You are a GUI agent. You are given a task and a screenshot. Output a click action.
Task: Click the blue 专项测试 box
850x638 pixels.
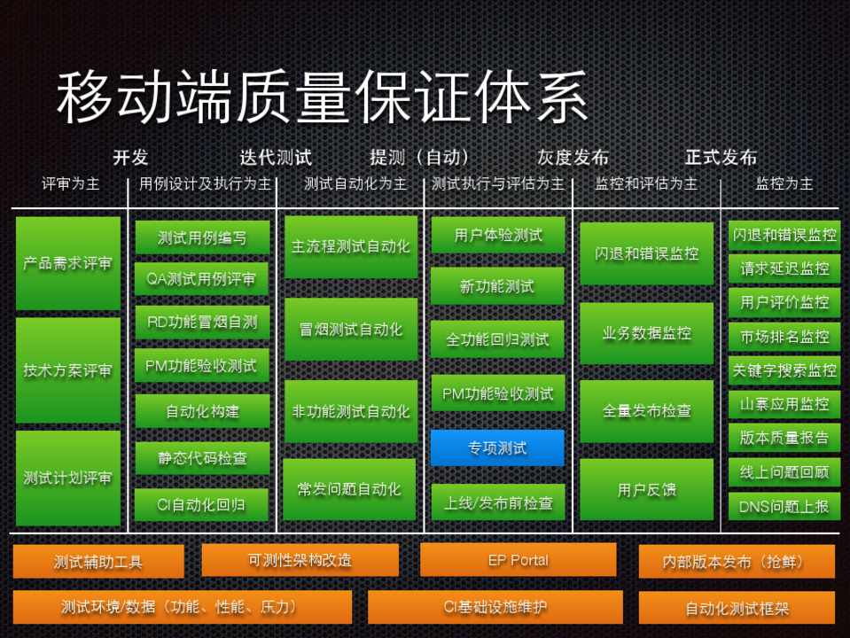pyautogui.click(x=497, y=447)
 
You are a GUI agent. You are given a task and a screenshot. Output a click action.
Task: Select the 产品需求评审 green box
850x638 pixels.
pyautogui.click(x=68, y=263)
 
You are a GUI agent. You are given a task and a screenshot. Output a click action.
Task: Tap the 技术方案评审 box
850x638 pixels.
pyautogui.click(x=68, y=370)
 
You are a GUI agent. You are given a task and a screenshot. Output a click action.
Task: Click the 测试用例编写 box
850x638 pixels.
pyautogui.click(x=202, y=237)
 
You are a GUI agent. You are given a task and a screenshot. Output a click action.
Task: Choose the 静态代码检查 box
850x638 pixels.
pyautogui.click(x=202, y=458)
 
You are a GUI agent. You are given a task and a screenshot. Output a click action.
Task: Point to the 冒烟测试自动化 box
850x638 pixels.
pyautogui.click(x=351, y=330)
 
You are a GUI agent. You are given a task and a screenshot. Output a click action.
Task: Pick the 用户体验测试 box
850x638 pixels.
pyautogui.click(x=497, y=235)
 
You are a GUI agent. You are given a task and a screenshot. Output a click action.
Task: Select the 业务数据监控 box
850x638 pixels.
pyautogui.click(x=646, y=333)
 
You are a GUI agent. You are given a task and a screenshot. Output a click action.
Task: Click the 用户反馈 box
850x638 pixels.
pyautogui.click(x=646, y=489)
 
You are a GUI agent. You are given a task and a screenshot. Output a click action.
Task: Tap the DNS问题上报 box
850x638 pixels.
pyautogui.click(x=784, y=506)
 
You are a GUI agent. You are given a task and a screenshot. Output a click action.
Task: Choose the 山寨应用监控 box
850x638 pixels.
pyautogui.click(x=784, y=404)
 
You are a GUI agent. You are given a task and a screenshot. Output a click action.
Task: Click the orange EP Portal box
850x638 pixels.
pyautogui.click(x=518, y=560)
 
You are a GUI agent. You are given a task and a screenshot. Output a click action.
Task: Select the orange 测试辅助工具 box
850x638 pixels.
pyautogui.click(x=98, y=562)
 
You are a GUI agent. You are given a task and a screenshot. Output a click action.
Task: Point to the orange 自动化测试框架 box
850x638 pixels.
pyautogui.click(x=737, y=609)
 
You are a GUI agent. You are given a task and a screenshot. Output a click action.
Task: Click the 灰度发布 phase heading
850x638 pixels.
pyautogui.click(x=573, y=158)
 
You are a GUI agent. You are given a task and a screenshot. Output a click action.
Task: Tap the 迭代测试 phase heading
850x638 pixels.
pyautogui.click(x=275, y=158)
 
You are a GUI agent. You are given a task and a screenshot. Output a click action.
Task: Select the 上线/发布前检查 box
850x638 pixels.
pyautogui.click(x=497, y=502)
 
